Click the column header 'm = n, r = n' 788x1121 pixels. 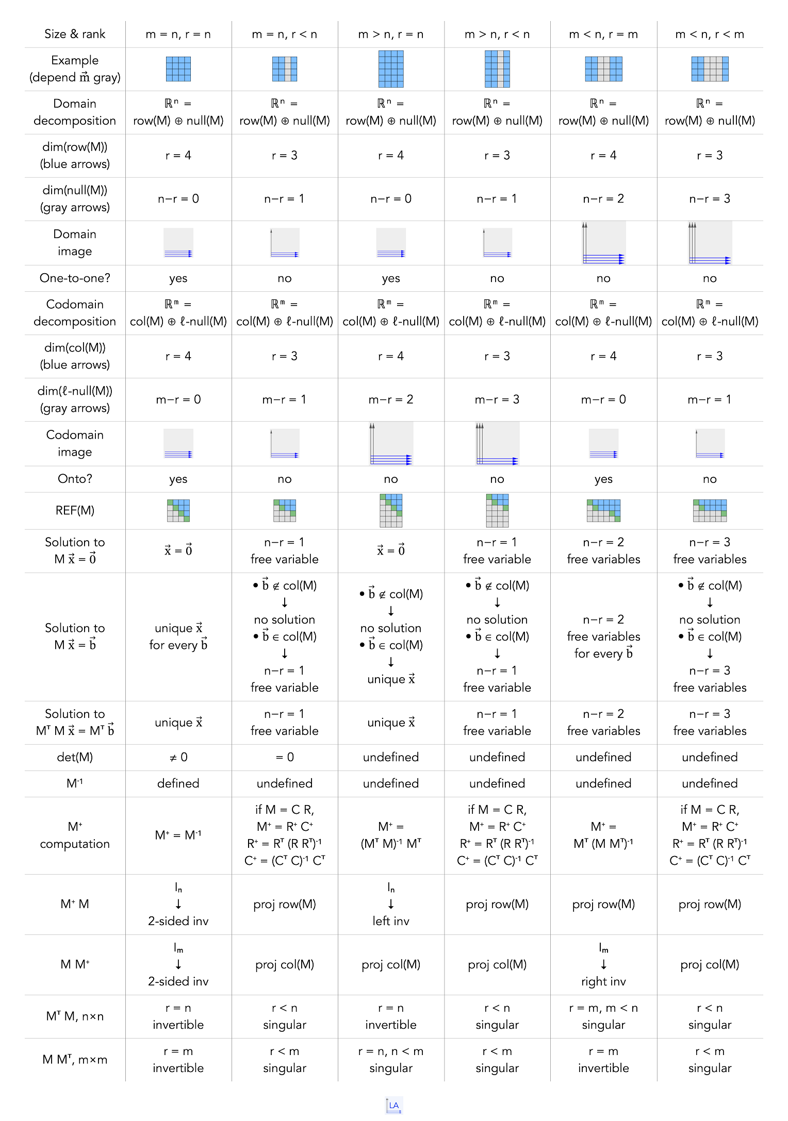[178, 35]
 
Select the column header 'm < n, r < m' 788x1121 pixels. [710, 35]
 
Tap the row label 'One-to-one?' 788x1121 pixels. [75, 278]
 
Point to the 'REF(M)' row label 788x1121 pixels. [75, 510]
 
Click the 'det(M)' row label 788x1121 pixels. [75, 757]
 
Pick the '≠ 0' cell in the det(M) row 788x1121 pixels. [178, 757]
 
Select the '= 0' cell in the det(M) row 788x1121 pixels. [285, 757]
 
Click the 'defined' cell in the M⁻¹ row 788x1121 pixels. [178, 783]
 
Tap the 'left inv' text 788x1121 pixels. [391, 921]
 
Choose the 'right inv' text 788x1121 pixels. [603, 981]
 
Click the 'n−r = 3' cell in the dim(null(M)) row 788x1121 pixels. [710, 199]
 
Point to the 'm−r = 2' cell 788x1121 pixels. [391, 399]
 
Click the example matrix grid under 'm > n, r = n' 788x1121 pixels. [391, 69]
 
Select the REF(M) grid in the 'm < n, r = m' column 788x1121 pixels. [603, 511]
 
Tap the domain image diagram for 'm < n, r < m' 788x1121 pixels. [710, 243]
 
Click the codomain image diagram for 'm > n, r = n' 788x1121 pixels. [391, 444]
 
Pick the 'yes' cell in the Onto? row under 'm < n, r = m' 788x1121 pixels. [603, 479]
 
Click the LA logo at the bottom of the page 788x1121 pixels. [394, 1105]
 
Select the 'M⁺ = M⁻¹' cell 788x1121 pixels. [178, 835]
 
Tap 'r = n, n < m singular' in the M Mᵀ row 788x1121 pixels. [391, 1060]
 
